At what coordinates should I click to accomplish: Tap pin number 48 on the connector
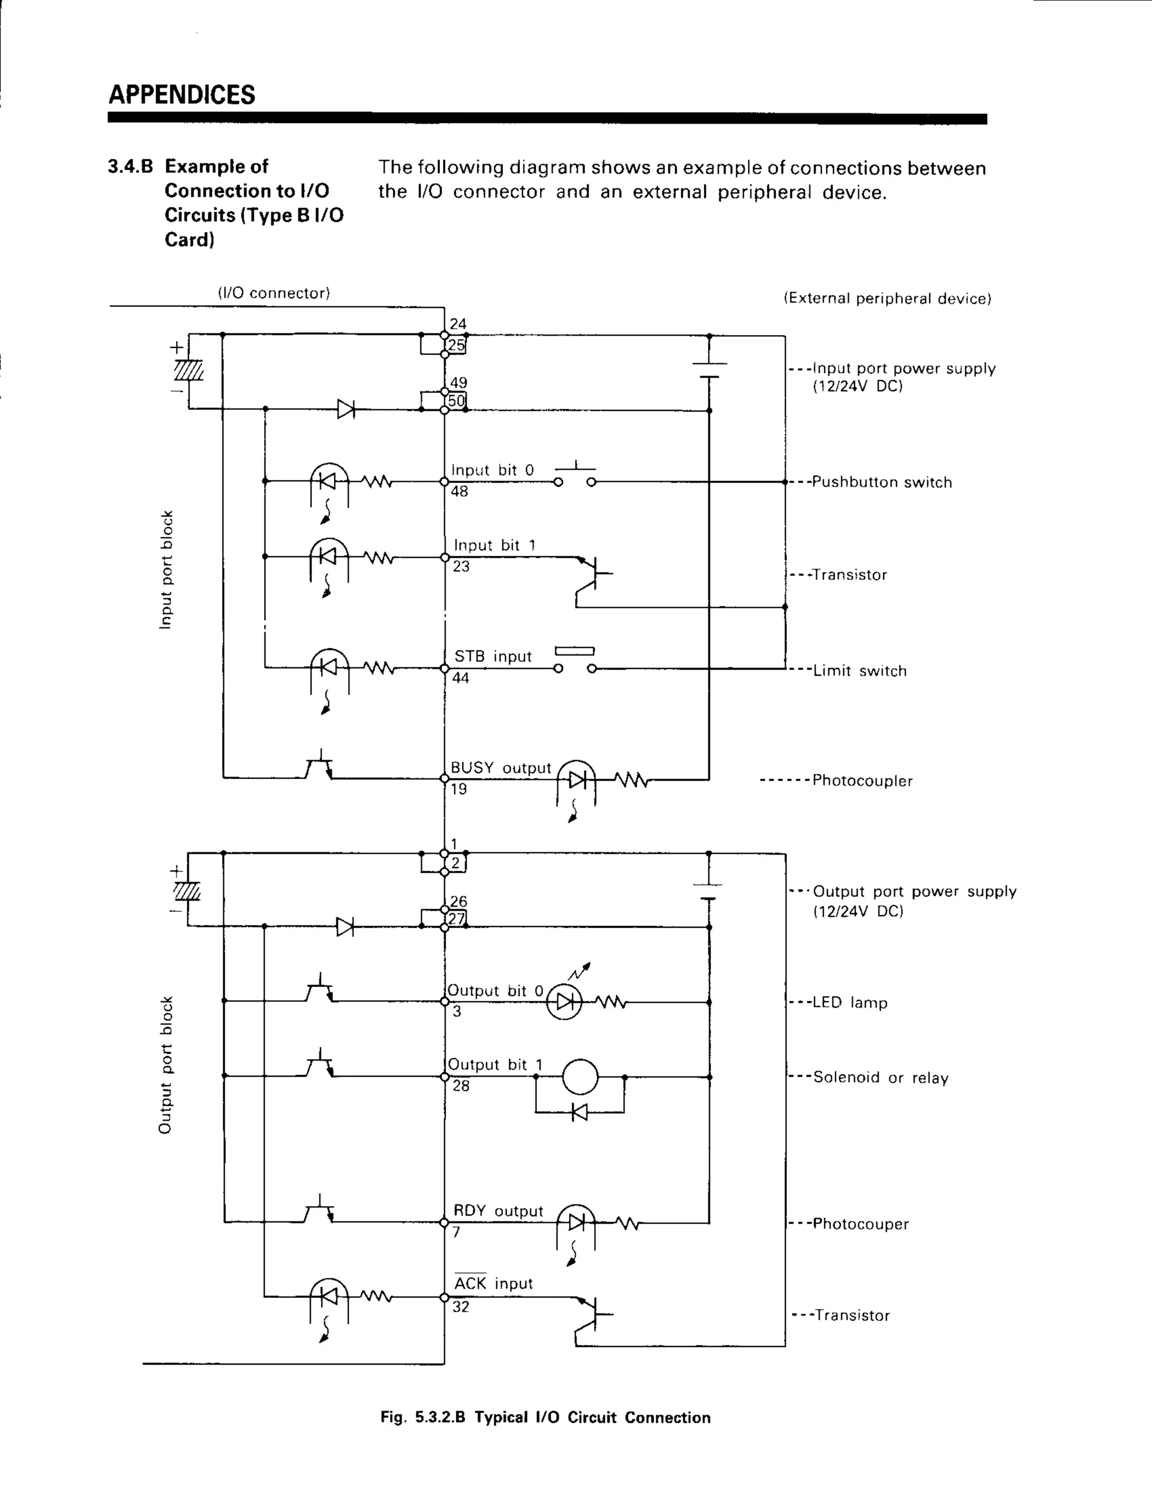460,491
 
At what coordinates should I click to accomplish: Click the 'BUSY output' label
500,768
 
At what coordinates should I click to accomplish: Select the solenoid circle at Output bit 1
580,1077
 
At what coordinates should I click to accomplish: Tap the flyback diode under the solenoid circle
579,1113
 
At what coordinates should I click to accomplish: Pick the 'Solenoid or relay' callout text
880,1078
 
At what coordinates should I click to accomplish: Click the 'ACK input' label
493,1284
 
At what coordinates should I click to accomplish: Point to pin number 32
461,1307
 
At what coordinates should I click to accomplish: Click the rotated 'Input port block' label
166,570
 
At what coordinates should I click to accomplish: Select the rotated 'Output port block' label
165,1065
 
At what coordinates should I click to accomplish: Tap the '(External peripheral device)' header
887,299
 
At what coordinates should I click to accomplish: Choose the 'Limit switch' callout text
859,671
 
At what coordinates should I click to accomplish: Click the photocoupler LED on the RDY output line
576,1222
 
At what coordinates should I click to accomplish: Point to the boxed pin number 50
456,400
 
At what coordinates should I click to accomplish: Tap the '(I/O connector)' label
274,294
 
